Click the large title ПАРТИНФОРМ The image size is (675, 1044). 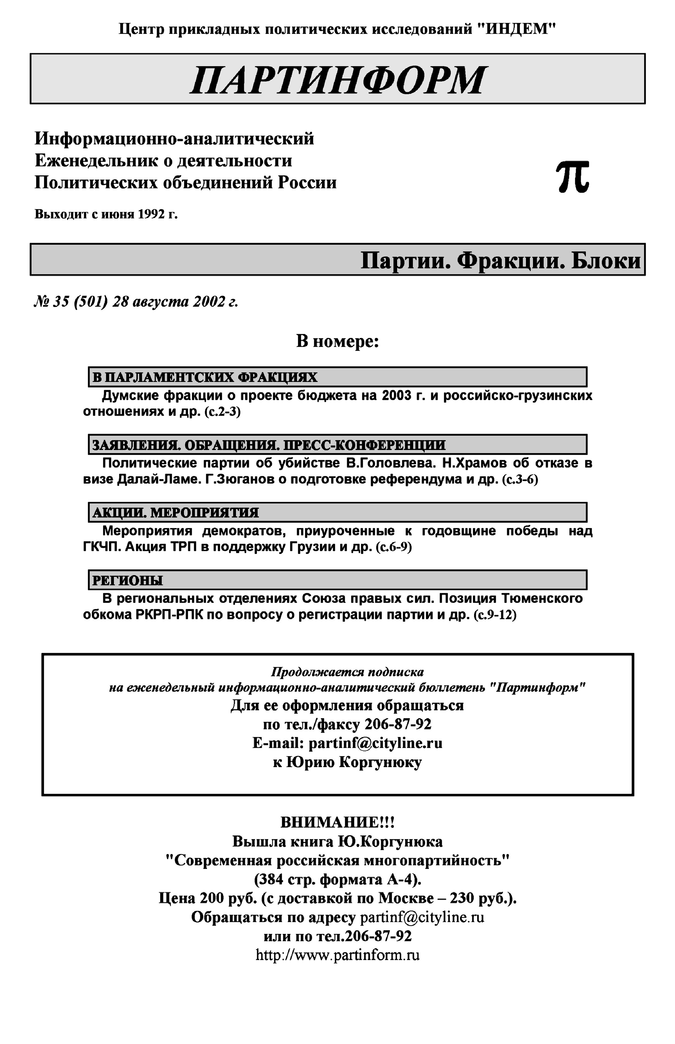pos(337,80)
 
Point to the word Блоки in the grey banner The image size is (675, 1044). pos(606,261)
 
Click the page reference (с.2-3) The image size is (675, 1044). pos(222,412)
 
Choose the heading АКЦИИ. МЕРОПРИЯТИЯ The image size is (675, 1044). pos(175,512)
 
